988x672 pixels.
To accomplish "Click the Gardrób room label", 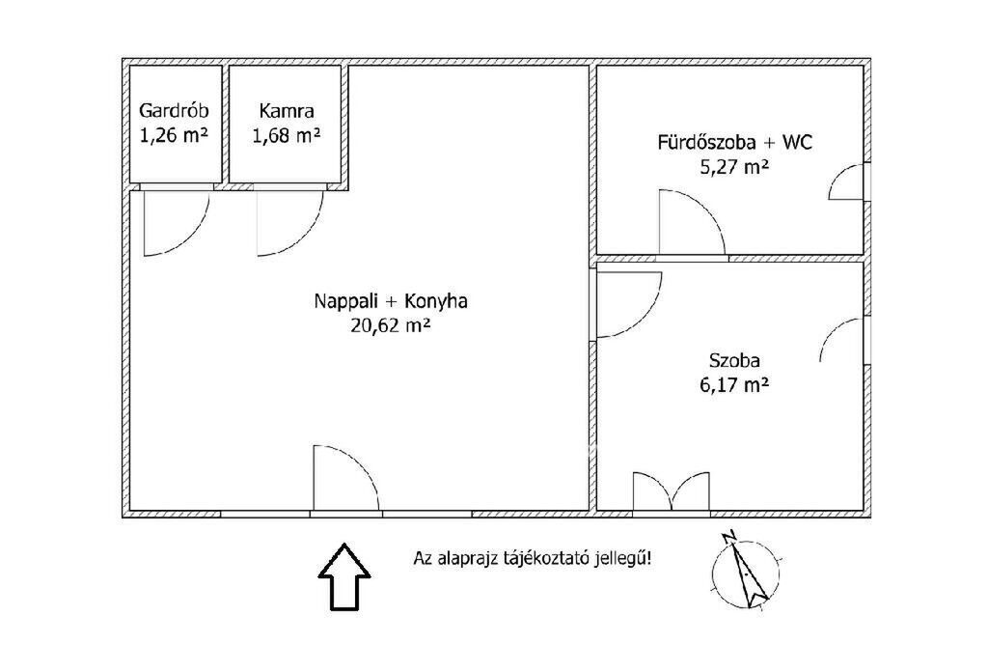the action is click(174, 111).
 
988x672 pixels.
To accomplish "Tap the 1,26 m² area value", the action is click(174, 135).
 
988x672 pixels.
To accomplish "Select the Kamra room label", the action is click(287, 112).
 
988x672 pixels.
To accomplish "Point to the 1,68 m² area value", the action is click(287, 135).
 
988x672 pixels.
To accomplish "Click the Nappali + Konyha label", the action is click(391, 301).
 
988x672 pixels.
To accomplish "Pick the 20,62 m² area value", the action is click(391, 325).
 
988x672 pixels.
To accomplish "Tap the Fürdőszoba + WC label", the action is click(734, 142).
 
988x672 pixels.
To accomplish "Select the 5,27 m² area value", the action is click(734, 167).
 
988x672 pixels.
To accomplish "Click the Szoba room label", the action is click(734, 360).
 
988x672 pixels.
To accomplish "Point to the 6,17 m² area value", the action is click(734, 384).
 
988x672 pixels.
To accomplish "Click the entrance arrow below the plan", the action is click(344, 576).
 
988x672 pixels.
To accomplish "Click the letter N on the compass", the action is click(730, 537).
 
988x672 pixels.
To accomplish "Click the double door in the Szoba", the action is click(672, 491).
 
